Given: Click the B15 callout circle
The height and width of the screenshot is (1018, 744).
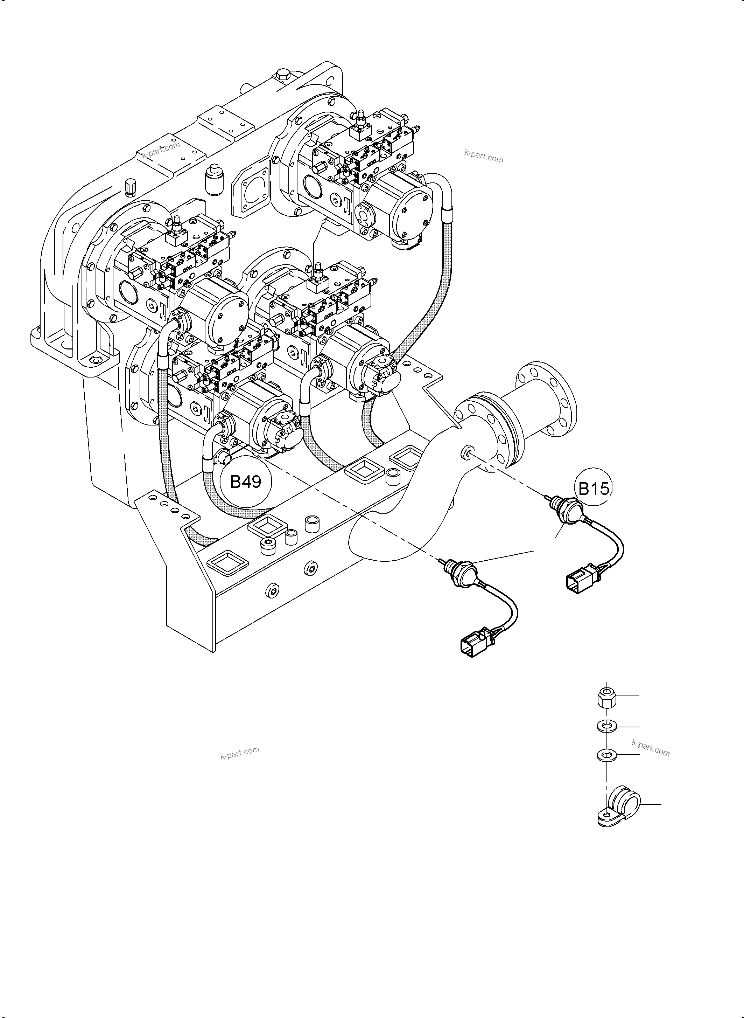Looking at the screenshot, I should click(593, 488).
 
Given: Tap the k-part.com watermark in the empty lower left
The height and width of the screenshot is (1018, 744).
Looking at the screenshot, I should click(240, 753).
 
